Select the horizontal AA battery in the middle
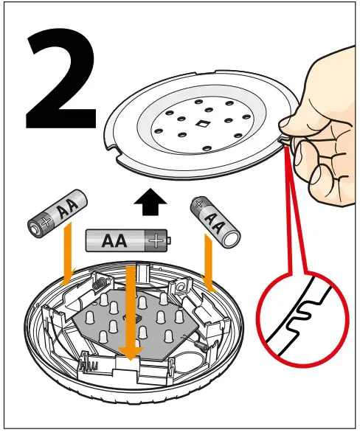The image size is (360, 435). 126,240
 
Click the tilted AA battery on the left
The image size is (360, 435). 58,212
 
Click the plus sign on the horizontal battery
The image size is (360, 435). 155,240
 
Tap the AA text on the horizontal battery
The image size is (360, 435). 113,240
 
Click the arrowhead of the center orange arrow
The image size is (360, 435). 130,354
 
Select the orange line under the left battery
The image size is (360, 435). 65,255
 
